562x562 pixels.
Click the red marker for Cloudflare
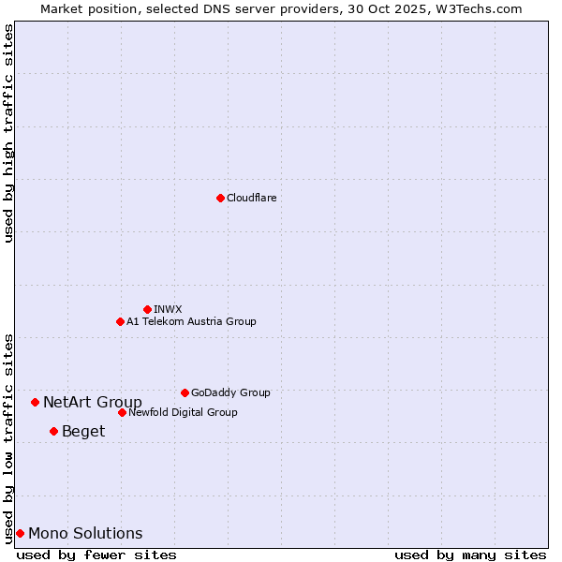[220, 198]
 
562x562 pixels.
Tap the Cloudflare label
[251, 198]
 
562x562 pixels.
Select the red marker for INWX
[147, 309]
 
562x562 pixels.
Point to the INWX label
[168, 309]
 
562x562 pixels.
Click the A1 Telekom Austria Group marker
[120, 321]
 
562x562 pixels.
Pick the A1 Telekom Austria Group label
[191, 321]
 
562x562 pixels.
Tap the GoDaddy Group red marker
[185, 392]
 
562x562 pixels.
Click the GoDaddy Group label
[230, 392]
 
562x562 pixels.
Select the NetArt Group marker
[35, 402]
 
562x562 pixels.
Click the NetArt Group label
[93, 403]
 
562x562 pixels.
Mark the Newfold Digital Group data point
[122, 412]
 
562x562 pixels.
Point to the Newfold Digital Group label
[183, 412]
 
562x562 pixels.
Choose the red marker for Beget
[53, 431]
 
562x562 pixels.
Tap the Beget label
[83, 432]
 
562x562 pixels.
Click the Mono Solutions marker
[20, 533]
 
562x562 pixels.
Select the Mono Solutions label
[85, 534]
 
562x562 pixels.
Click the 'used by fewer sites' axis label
[96, 555]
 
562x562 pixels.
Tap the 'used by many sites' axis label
[470, 555]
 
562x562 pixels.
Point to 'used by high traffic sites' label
[8, 133]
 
